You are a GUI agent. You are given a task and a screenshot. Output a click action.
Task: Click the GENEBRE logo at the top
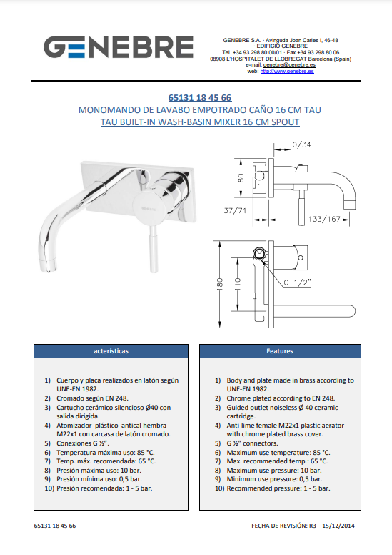click(119, 46)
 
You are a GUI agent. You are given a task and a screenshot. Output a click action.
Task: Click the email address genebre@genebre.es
click(289, 65)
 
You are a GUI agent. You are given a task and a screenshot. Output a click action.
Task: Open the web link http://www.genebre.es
click(287, 71)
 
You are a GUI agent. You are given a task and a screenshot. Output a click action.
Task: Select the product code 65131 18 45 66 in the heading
click(200, 98)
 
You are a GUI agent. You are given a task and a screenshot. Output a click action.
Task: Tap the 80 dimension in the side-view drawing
click(241, 177)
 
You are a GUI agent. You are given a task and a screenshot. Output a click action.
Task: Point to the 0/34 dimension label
click(302, 144)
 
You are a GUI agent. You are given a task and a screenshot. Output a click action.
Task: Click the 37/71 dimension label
click(235, 210)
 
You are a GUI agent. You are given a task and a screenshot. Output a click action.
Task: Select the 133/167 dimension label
click(324, 219)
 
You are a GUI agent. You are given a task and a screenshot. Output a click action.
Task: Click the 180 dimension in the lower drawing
click(219, 283)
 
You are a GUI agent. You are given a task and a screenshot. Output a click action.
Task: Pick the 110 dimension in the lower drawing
click(237, 283)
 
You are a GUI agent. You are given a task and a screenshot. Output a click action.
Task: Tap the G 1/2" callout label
click(297, 283)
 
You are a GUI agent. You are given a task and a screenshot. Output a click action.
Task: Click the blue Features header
click(280, 351)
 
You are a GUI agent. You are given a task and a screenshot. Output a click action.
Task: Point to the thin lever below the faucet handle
click(154, 249)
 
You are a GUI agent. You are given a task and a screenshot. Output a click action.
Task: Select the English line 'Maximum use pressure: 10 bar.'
click(274, 471)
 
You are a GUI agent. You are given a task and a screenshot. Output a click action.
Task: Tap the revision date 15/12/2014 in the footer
click(338, 526)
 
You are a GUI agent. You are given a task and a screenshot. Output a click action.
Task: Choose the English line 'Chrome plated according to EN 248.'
click(281, 398)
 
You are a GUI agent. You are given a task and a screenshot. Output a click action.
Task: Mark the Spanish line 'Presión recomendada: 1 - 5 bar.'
click(104, 488)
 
